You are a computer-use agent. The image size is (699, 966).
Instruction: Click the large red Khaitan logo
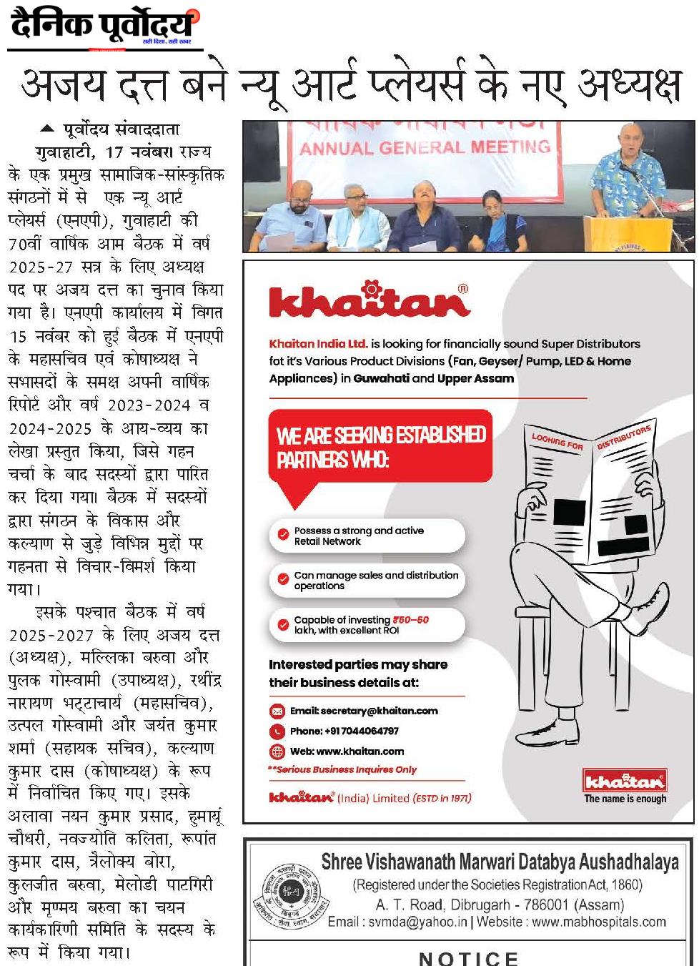click(369, 300)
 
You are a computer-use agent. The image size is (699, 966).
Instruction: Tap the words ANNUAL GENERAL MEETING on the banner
click(425, 148)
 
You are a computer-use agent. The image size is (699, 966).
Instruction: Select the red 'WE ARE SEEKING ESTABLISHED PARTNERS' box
click(382, 446)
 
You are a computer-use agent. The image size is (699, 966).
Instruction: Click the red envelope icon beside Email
click(277, 711)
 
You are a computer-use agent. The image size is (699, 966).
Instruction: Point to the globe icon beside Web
click(277, 751)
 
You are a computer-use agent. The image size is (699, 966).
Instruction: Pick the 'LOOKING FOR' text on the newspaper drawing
click(557, 441)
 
